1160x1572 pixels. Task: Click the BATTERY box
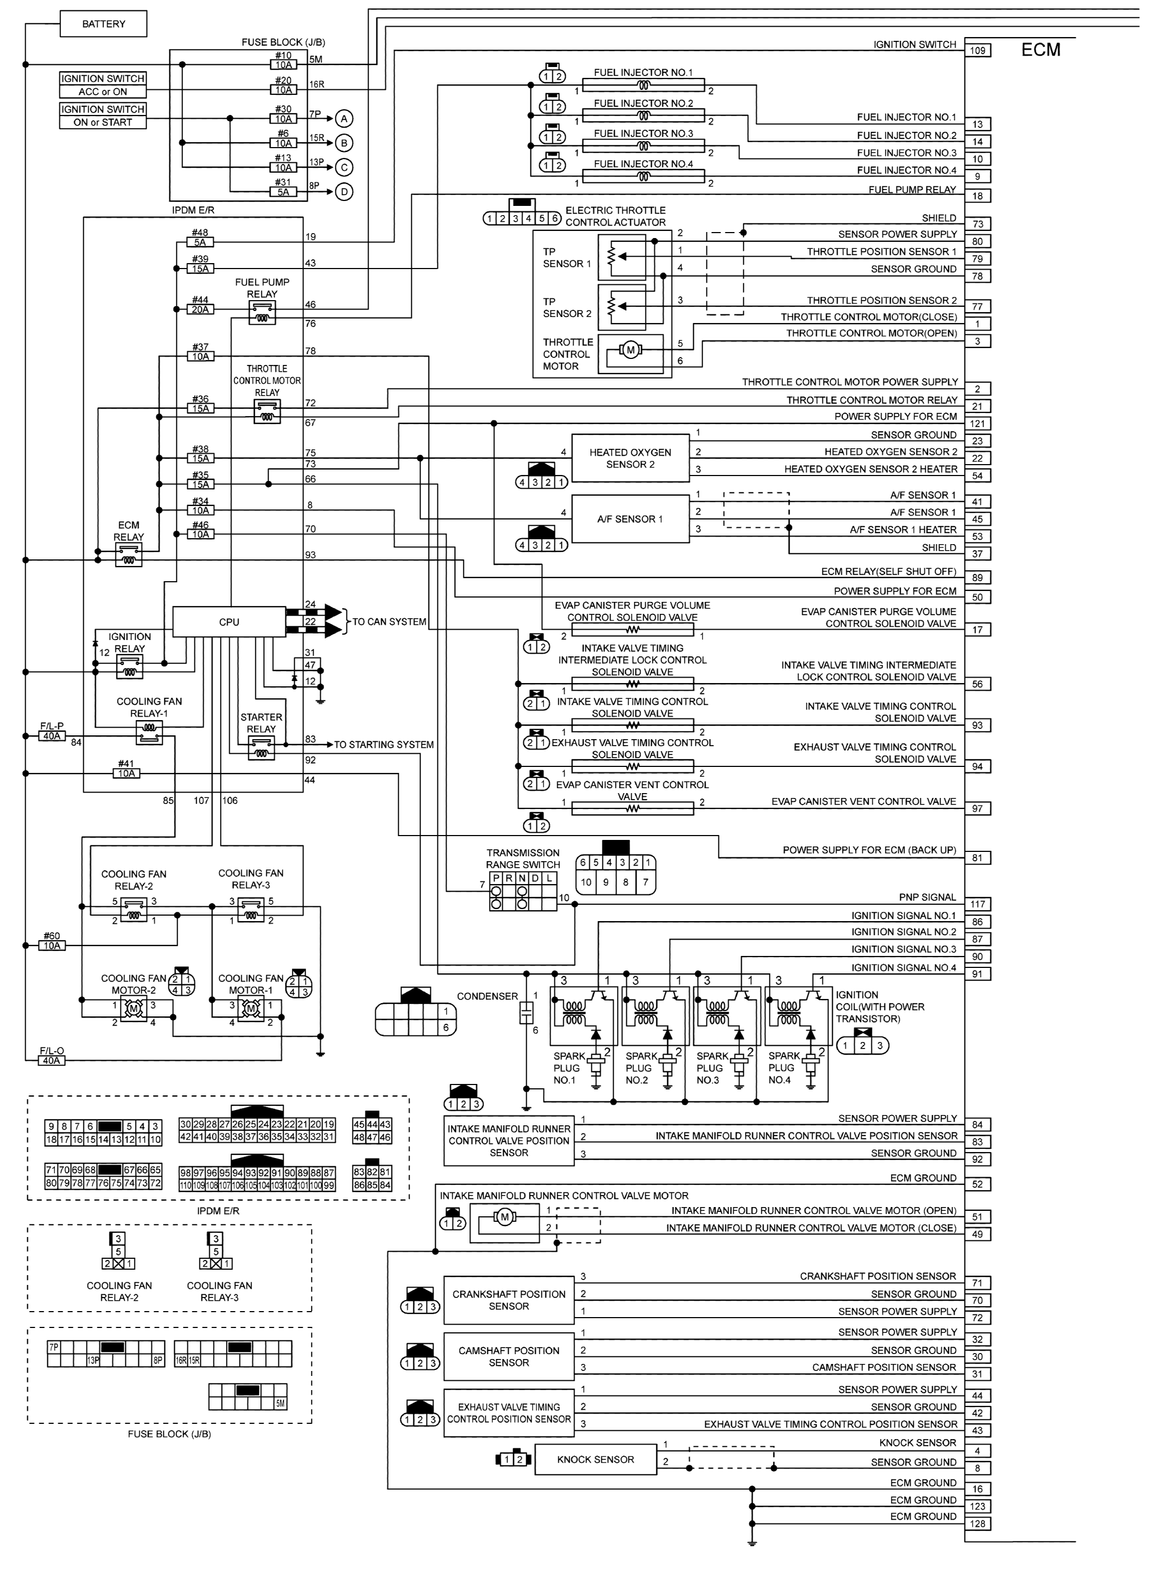click(x=103, y=24)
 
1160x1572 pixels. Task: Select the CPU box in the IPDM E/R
click(x=229, y=622)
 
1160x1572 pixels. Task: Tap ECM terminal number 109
click(x=978, y=51)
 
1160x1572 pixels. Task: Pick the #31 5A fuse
click(x=283, y=192)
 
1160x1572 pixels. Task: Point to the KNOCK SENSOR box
click(x=595, y=1460)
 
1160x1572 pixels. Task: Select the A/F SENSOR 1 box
click(x=630, y=519)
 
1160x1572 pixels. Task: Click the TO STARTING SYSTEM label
click(x=383, y=745)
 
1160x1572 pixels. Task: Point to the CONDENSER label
click(x=487, y=996)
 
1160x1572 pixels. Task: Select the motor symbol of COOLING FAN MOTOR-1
click(x=250, y=1010)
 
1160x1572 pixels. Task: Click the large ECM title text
click(x=1040, y=50)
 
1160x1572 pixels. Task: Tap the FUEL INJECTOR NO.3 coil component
click(x=643, y=146)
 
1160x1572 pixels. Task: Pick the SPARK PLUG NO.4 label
click(x=784, y=1068)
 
